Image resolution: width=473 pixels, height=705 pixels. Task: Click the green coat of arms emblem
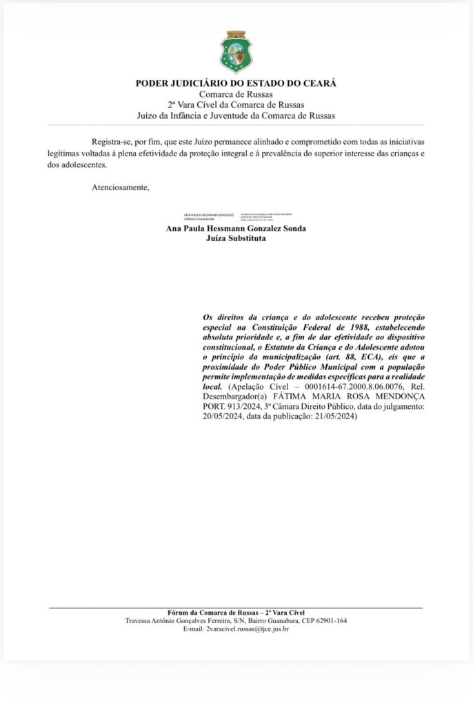tap(236, 52)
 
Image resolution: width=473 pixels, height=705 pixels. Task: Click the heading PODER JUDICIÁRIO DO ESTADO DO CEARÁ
tap(236, 83)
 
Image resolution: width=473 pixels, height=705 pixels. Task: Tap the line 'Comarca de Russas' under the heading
tap(236, 94)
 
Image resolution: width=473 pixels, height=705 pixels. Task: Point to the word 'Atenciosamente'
tap(119, 187)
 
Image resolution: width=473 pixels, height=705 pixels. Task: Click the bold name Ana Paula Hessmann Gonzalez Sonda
tap(236, 229)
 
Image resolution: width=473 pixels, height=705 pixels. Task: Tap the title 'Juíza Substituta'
tap(236, 238)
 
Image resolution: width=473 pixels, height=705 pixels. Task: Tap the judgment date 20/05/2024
tap(221, 417)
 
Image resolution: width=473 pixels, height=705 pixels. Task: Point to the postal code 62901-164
tap(329, 621)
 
